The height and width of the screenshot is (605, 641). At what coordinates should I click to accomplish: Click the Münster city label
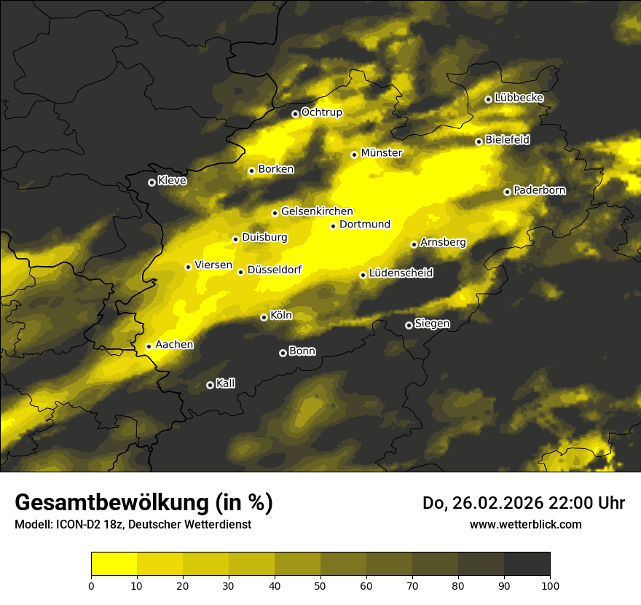[x=381, y=153]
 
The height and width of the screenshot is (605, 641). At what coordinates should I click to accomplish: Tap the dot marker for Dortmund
[x=334, y=226]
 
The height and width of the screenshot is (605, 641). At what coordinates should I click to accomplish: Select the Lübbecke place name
[x=519, y=98]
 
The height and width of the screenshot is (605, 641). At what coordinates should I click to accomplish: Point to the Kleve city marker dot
[x=152, y=182]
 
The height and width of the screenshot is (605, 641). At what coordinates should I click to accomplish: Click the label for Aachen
[x=174, y=345]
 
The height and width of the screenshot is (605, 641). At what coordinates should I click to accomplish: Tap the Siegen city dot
[x=409, y=325]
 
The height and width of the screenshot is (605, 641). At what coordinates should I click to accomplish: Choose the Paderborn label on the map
[x=539, y=190]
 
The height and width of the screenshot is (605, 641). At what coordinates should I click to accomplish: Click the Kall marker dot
[x=210, y=385]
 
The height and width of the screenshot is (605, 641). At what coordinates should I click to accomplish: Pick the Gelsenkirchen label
[x=317, y=211]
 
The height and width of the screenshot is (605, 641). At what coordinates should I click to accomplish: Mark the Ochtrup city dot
[x=295, y=114]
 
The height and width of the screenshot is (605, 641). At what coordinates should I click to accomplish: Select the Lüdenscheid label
[x=401, y=273]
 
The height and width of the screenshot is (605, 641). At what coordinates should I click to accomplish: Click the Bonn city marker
[x=283, y=353]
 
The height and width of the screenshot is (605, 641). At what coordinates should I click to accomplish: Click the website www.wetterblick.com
[x=525, y=524]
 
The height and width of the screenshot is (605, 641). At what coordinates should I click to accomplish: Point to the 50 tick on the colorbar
[x=320, y=585]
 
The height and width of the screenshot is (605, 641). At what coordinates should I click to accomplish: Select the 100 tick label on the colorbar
[x=550, y=585]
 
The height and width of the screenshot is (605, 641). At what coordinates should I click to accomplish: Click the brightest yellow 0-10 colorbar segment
[x=114, y=564]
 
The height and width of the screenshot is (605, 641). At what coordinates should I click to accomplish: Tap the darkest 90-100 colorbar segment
[x=527, y=564]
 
